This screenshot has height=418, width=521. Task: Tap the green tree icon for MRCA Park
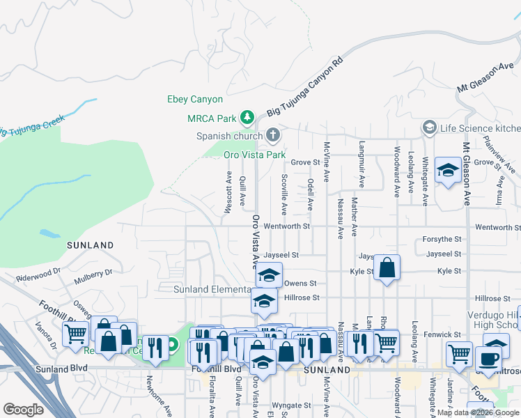(x=246, y=116)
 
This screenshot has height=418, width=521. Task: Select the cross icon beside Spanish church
(x=273, y=134)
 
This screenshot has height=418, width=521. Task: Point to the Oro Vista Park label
(x=254, y=154)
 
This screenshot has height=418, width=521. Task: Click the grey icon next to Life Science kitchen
(x=429, y=127)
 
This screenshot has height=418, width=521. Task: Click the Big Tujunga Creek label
(x=31, y=126)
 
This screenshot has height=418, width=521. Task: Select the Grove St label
(x=305, y=162)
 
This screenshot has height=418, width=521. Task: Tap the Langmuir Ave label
(x=361, y=166)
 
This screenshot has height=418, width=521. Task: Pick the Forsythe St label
(x=442, y=239)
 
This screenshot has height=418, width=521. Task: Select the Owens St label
(x=300, y=284)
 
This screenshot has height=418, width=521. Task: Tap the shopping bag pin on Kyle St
(x=387, y=267)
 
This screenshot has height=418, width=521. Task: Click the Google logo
(x=24, y=410)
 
